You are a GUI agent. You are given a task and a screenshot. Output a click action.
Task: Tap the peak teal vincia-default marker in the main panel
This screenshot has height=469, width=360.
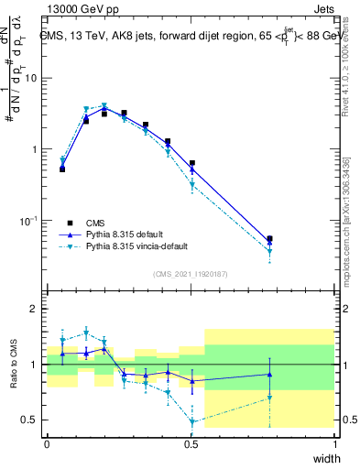click(x=105, y=106)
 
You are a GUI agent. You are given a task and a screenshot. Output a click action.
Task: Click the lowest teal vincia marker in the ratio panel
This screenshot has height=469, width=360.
click(x=192, y=422)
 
